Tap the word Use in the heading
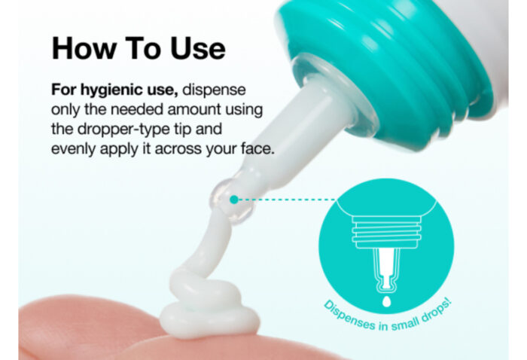click(x=197, y=48)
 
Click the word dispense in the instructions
click(x=214, y=90)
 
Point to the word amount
click(x=194, y=109)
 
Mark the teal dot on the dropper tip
click(x=234, y=200)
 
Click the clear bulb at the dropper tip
click(x=231, y=202)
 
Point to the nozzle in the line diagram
click(x=386, y=269)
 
